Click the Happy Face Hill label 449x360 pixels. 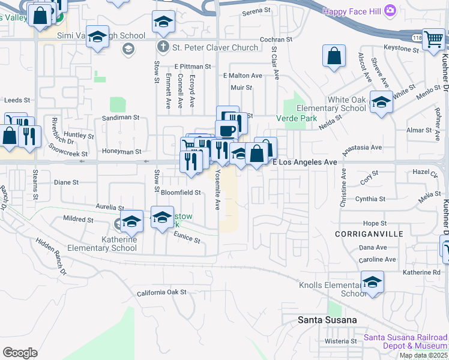(352, 11)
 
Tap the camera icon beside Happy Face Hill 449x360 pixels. (391, 10)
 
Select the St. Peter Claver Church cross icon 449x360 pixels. (162, 47)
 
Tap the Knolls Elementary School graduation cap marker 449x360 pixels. (372, 282)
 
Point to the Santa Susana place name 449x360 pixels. (327, 320)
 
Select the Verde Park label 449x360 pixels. (297, 119)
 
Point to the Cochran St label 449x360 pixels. (276, 39)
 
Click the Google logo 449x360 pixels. (20, 352)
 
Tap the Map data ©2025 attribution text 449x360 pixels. (423, 355)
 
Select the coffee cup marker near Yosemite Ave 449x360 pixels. (226, 131)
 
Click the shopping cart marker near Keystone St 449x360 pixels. (432, 40)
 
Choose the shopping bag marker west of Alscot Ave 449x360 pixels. (334, 57)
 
